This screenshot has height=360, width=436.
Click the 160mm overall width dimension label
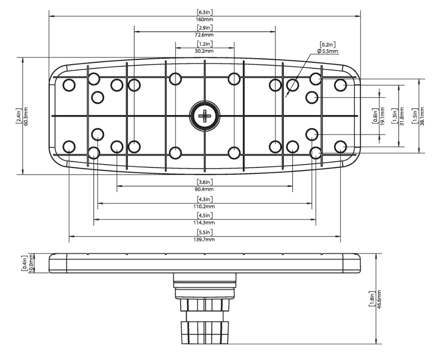204,20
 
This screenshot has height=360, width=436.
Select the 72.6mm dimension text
204,34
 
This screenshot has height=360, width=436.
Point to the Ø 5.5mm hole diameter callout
328,51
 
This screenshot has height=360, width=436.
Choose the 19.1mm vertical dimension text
382,116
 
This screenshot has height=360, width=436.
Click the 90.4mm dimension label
204,189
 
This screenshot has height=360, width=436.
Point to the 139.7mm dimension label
204,240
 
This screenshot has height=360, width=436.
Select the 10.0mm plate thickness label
31,263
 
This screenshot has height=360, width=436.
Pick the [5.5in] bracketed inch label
204,232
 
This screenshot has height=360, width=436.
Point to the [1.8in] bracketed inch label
372,299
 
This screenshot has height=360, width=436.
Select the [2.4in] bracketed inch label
18,116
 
